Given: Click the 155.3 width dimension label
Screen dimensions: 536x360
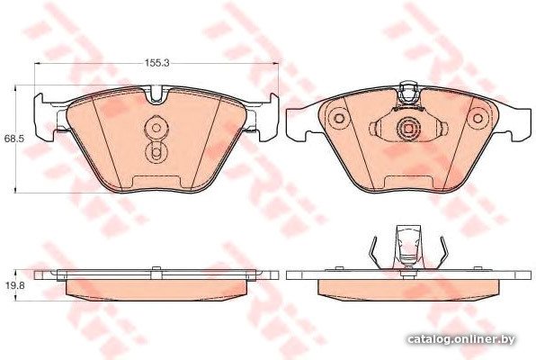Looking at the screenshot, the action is [x=157, y=63].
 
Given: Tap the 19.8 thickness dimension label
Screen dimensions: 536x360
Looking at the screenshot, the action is [x=14, y=285].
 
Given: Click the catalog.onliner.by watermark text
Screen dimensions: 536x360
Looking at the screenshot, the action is [x=461, y=339].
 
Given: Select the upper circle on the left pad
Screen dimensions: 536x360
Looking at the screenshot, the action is [x=156, y=128].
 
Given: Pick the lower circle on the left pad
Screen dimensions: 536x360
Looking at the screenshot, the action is [x=156, y=151].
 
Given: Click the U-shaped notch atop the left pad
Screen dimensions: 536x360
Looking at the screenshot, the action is [x=156, y=94].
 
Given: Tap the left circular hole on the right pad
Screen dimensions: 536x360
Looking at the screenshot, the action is [x=338, y=119].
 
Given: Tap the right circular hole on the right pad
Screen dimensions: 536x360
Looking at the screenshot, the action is [x=478, y=119].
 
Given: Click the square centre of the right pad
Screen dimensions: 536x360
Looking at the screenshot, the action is [x=408, y=129].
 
